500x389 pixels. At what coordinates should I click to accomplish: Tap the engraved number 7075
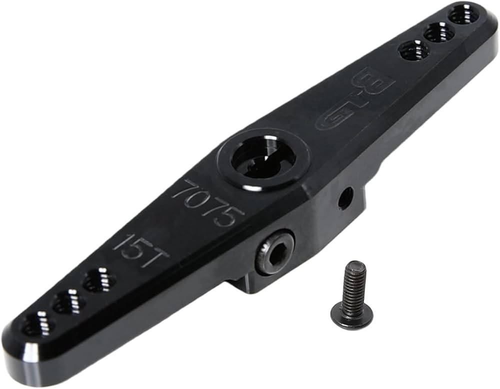pyautogui.click(x=208, y=203)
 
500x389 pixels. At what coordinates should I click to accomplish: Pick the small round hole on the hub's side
pyautogui.click(x=345, y=197)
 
